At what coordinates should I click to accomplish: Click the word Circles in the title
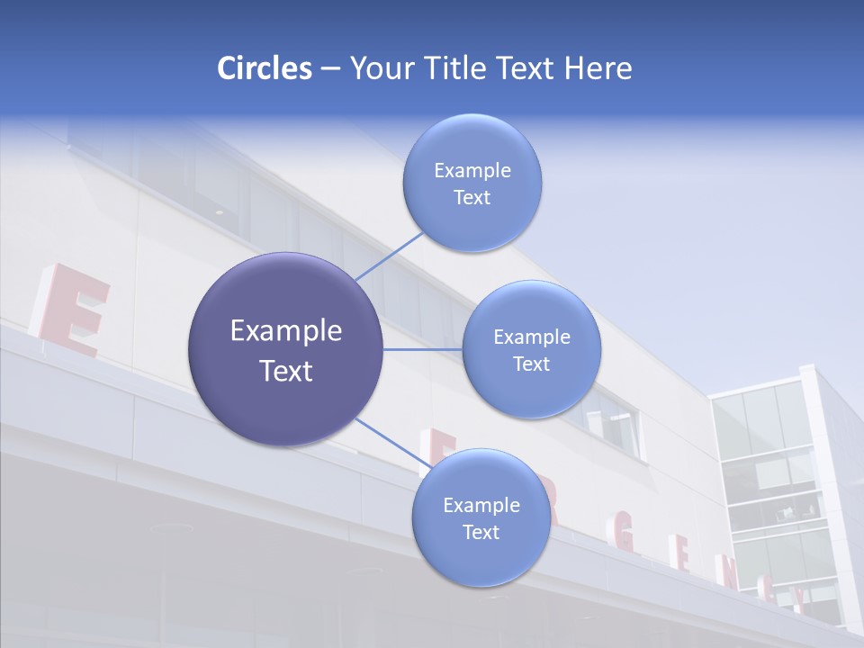(264, 68)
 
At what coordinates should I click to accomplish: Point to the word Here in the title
(598, 68)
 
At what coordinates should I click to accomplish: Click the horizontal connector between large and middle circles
(423, 349)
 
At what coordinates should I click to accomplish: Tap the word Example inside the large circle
(286, 331)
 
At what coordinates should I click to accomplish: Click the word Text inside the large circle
(286, 371)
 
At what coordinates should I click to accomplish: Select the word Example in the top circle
(472, 171)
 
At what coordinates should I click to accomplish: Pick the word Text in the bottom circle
(481, 533)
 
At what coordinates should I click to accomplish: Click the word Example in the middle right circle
(532, 337)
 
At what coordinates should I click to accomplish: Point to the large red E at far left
(72, 309)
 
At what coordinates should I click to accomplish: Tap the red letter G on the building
(625, 540)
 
